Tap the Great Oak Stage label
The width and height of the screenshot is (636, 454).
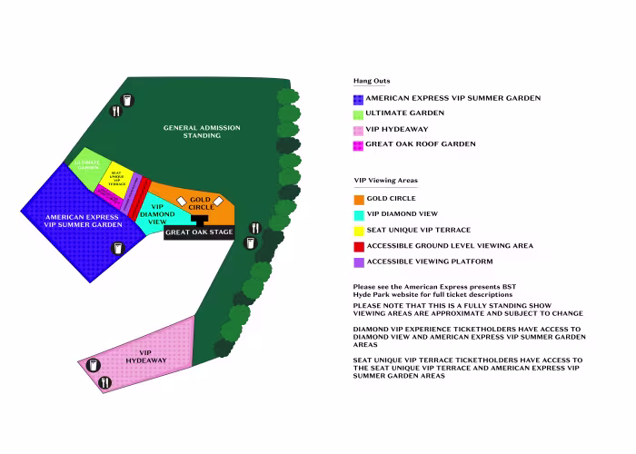(x=199, y=232)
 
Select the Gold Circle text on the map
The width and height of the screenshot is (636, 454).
(x=200, y=203)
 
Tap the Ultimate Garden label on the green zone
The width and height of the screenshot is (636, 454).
(x=87, y=165)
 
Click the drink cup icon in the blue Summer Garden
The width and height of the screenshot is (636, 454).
(x=116, y=248)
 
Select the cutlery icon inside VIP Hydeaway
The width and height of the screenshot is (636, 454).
(x=104, y=382)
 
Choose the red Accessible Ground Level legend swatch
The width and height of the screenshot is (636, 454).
(x=358, y=247)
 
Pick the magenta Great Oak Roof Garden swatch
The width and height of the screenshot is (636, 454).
(x=358, y=145)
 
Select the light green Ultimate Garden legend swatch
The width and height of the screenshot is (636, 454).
(x=358, y=114)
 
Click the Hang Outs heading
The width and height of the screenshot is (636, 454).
(x=371, y=81)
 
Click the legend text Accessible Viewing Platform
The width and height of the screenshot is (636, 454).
(x=429, y=262)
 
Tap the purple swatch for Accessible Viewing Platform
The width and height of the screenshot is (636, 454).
(x=358, y=262)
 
